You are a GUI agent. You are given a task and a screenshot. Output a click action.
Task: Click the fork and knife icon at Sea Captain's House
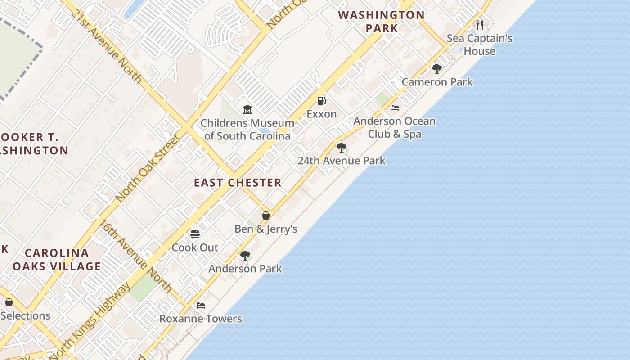coord(480,25)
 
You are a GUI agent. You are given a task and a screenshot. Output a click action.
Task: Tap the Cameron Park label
coord(437,82)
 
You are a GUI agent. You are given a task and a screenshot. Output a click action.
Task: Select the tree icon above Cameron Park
coord(436,69)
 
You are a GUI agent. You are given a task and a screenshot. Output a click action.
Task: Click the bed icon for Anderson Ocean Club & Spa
coord(395,108)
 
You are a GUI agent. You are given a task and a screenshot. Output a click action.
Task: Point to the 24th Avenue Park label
coord(342,161)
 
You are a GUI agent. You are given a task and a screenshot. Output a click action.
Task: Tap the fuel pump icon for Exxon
coord(321,101)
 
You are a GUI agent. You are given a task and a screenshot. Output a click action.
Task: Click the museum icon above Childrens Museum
coord(247,110)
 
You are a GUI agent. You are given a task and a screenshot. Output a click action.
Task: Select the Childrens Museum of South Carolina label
coord(247,130)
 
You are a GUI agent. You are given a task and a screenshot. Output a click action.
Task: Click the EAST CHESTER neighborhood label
coord(238,183)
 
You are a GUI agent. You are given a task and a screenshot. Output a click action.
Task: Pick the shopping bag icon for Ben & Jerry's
coord(266,216)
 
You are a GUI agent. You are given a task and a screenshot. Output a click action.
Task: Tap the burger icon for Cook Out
coord(195,234)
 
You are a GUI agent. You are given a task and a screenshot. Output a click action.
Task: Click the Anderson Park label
coord(245,269)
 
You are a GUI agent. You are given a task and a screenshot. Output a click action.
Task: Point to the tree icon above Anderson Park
coord(245,256)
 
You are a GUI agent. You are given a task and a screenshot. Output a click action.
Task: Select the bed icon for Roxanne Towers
coord(201,306)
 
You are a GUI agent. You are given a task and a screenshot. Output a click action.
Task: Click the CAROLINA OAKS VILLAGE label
coord(57,260)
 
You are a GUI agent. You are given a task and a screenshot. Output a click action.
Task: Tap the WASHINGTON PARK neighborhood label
coord(382,22)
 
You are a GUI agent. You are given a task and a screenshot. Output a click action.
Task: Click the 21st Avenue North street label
coord(106,45)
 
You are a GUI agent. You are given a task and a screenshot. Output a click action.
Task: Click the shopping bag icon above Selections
coord(9,302)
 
